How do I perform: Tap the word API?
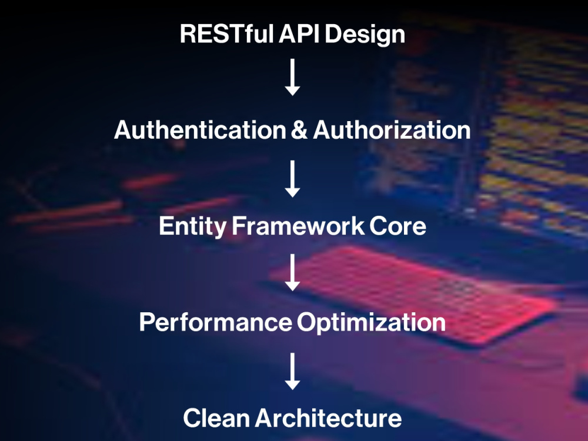(x=299, y=34)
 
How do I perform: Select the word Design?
(x=365, y=35)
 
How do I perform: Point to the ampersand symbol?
(x=299, y=130)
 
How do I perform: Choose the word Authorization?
(x=392, y=130)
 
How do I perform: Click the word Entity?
(x=192, y=226)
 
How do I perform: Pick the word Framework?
(x=298, y=226)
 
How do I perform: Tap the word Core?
(x=398, y=226)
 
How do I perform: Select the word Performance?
(x=216, y=322)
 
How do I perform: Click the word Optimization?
(x=371, y=323)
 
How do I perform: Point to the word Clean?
(x=216, y=417)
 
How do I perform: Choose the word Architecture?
(x=328, y=417)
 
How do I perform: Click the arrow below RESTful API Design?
(x=292, y=77)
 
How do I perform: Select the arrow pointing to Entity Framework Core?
(x=292, y=179)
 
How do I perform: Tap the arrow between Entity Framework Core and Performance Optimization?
(x=292, y=273)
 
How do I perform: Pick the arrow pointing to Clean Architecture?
(x=292, y=371)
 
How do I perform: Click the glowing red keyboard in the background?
(x=413, y=292)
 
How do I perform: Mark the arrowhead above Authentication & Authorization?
(x=292, y=91)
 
